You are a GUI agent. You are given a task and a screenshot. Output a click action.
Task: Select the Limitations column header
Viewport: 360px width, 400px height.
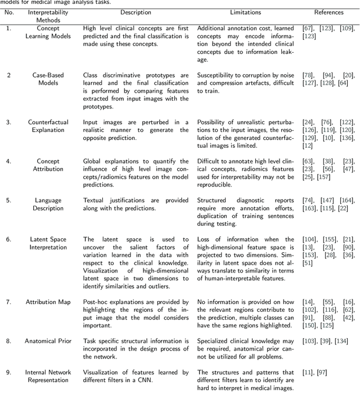click(245, 12)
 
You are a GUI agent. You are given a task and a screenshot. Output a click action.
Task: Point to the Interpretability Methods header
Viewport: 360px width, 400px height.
click(48, 16)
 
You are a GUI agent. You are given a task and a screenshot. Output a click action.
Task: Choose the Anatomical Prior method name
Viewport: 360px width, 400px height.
click(48, 341)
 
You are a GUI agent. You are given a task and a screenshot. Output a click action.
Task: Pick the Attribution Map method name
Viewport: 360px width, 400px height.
click(48, 302)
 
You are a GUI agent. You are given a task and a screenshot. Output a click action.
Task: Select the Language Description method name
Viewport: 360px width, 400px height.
click(48, 203)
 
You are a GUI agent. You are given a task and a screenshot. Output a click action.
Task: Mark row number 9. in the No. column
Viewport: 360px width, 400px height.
click(8, 372)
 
